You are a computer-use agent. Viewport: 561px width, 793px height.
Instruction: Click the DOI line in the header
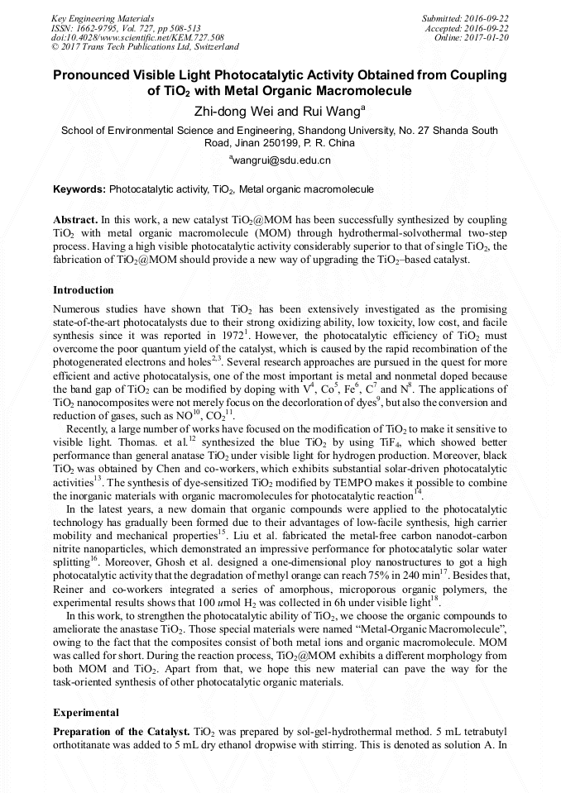pos(137,37)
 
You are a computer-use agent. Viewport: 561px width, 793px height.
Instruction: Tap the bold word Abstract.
pos(74,221)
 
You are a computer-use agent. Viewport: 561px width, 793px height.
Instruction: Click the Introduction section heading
pos(83,290)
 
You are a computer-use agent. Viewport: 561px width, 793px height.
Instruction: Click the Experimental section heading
pos(86,712)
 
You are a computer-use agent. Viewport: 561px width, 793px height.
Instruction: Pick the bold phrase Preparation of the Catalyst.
pos(121,733)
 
